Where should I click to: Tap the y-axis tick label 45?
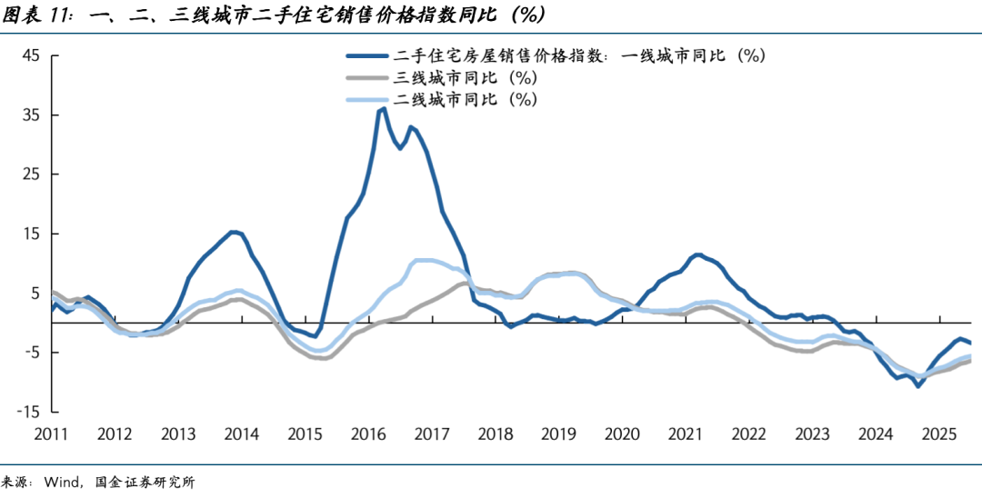31,55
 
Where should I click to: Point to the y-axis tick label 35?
31,115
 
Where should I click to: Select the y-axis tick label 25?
31,174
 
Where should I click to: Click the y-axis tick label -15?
28,412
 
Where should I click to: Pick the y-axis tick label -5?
31,353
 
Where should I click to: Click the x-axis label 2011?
52,434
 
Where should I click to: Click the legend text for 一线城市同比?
582,55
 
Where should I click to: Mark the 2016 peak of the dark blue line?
383,109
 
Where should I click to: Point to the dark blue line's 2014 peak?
233,232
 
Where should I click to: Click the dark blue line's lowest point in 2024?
918,386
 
